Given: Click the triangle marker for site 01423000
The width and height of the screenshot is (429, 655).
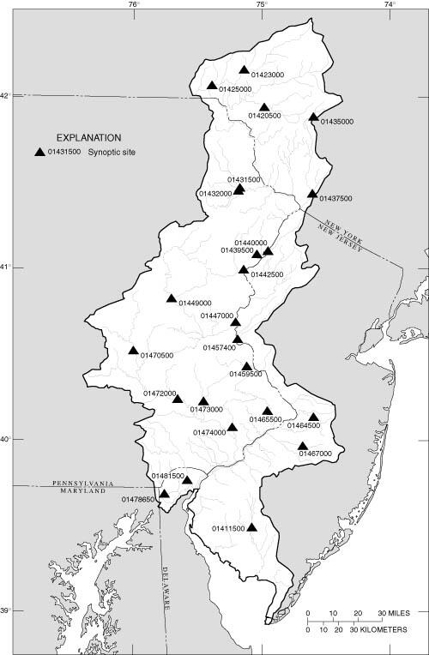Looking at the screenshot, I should (245, 70).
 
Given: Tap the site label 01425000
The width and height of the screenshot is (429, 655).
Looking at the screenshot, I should (235, 89).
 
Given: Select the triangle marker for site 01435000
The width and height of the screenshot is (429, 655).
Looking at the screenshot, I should (314, 117).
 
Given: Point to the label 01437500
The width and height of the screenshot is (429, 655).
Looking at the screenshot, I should (335, 199).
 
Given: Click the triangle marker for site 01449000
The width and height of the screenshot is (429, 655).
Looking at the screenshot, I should (172, 299).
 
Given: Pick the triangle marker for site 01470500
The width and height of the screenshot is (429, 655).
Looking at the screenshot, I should (134, 350).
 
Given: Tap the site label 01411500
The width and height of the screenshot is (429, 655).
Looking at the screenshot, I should (228, 528).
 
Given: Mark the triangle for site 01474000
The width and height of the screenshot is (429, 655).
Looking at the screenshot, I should (233, 427).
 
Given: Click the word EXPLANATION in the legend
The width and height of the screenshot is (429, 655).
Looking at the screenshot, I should (88, 137).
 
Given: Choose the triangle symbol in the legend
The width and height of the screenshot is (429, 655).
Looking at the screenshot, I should (39, 153).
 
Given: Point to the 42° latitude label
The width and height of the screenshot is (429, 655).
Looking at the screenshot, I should (6, 95).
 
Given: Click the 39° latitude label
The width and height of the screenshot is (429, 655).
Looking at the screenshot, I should (6, 611).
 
